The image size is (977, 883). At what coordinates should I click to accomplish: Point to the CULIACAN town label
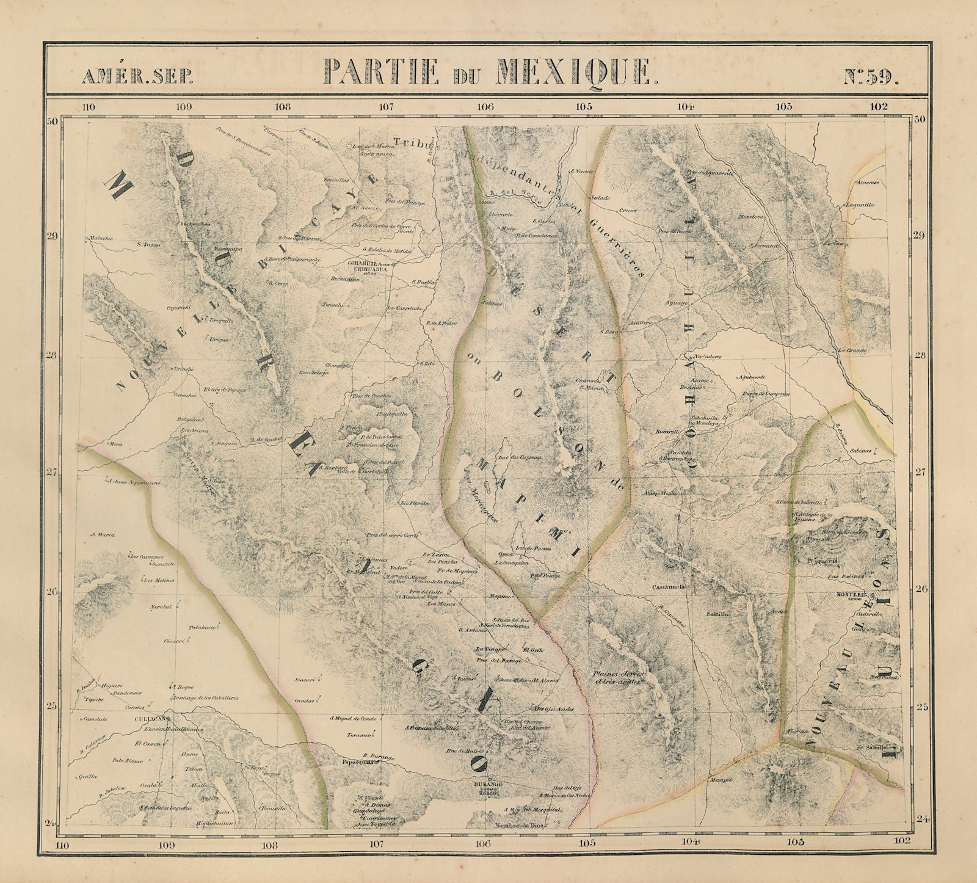[x=149, y=719]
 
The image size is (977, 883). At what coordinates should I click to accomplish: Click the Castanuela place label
[x=671, y=586]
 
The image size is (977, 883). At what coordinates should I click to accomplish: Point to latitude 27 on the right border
[x=920, y=472]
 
